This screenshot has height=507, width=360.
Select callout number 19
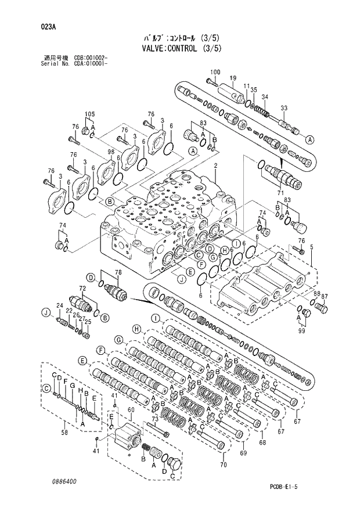click(x=232, y=78)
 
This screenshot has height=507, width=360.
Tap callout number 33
click(x=284, y=108)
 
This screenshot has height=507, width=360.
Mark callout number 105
click(x=89, y=114)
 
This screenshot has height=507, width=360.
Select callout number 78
click(x=117, y=272)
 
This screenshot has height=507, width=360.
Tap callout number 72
click(x=82, y=289)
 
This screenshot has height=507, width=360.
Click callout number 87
click(x=325, y=296)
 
